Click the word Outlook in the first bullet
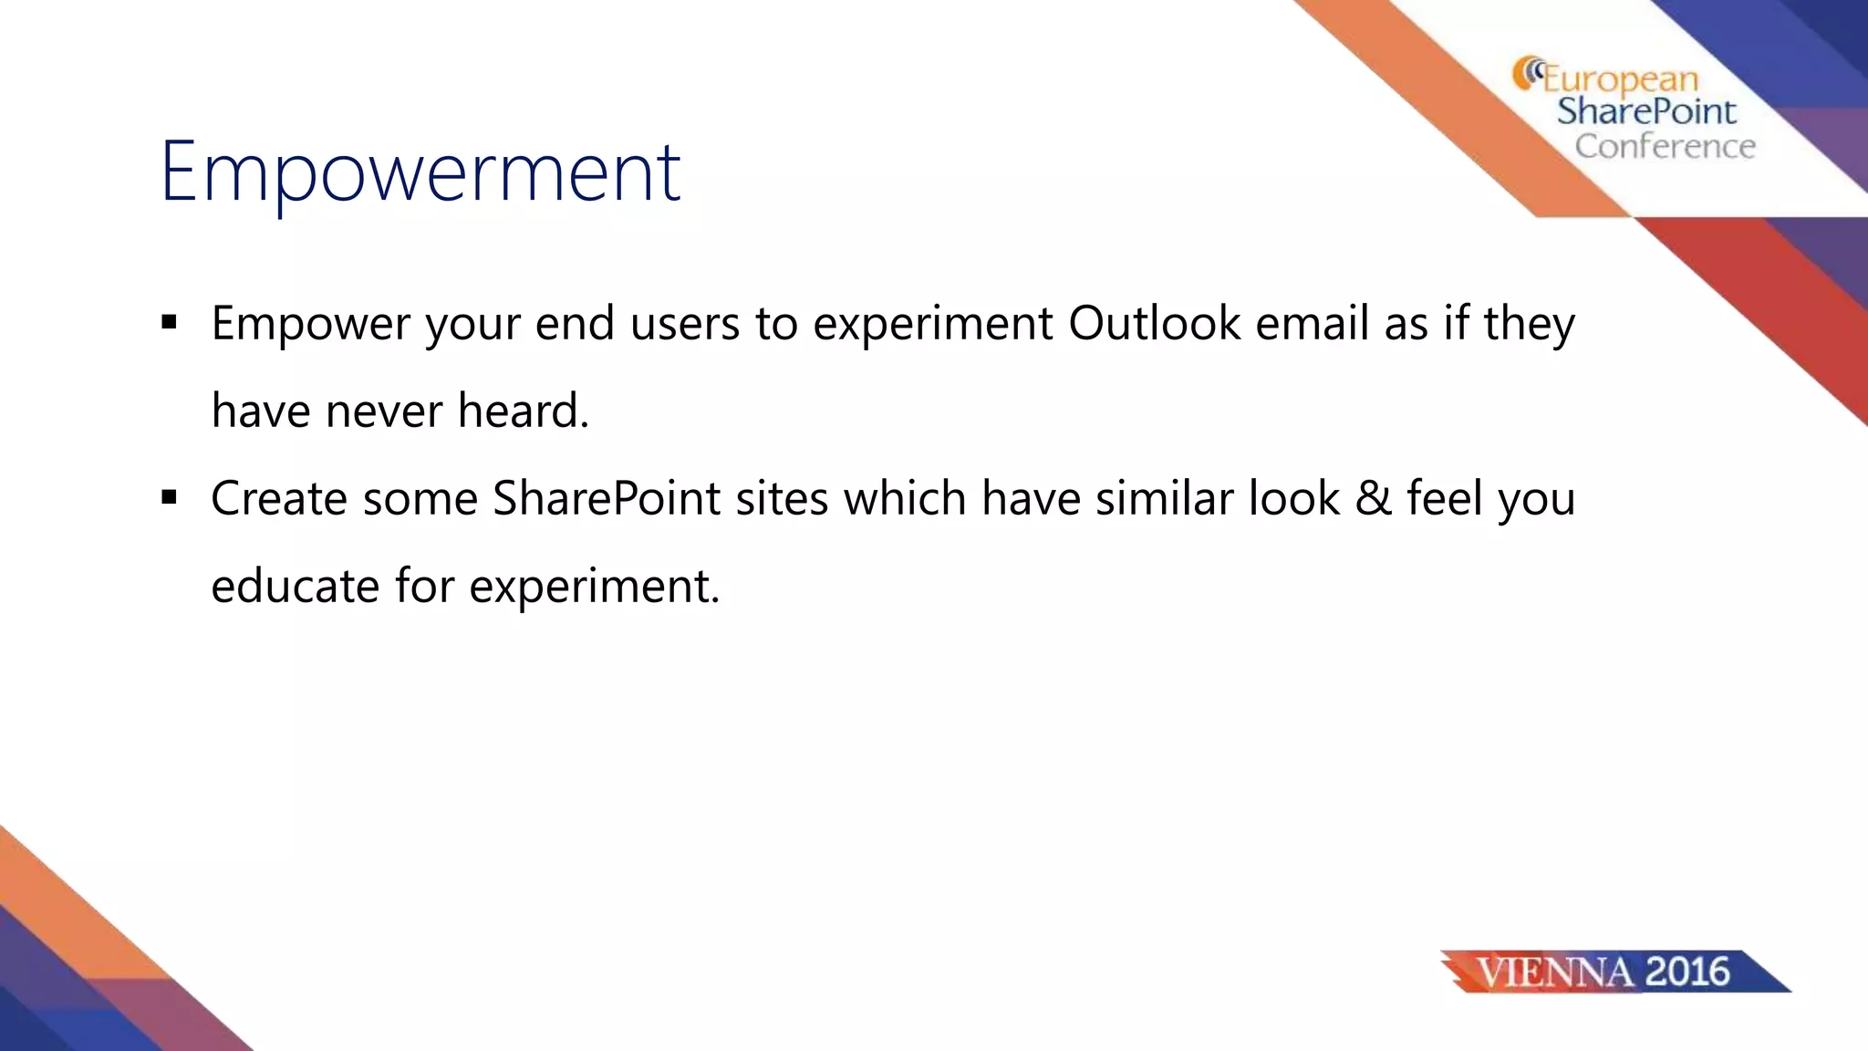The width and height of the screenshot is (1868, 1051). tap(1154, 323)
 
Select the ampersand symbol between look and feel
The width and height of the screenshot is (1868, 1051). tap(1374, 499)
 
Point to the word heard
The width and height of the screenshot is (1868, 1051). tap(523, 411)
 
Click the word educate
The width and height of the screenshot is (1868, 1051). tap(295, 586)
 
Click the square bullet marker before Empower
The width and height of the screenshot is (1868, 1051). tap(169, 322)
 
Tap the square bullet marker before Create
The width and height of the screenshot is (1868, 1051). tap(169, 497)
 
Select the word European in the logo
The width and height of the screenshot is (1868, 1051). tap(1620, 80)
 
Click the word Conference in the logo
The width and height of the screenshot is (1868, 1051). tap(1665, 147)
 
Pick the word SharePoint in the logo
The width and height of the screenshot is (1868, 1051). tap(1646, 112)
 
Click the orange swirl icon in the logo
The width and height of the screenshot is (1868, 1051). tap(1526, 73)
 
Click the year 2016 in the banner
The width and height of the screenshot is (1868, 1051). tap(1687, 972)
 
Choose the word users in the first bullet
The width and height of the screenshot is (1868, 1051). tap(684, 325)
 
